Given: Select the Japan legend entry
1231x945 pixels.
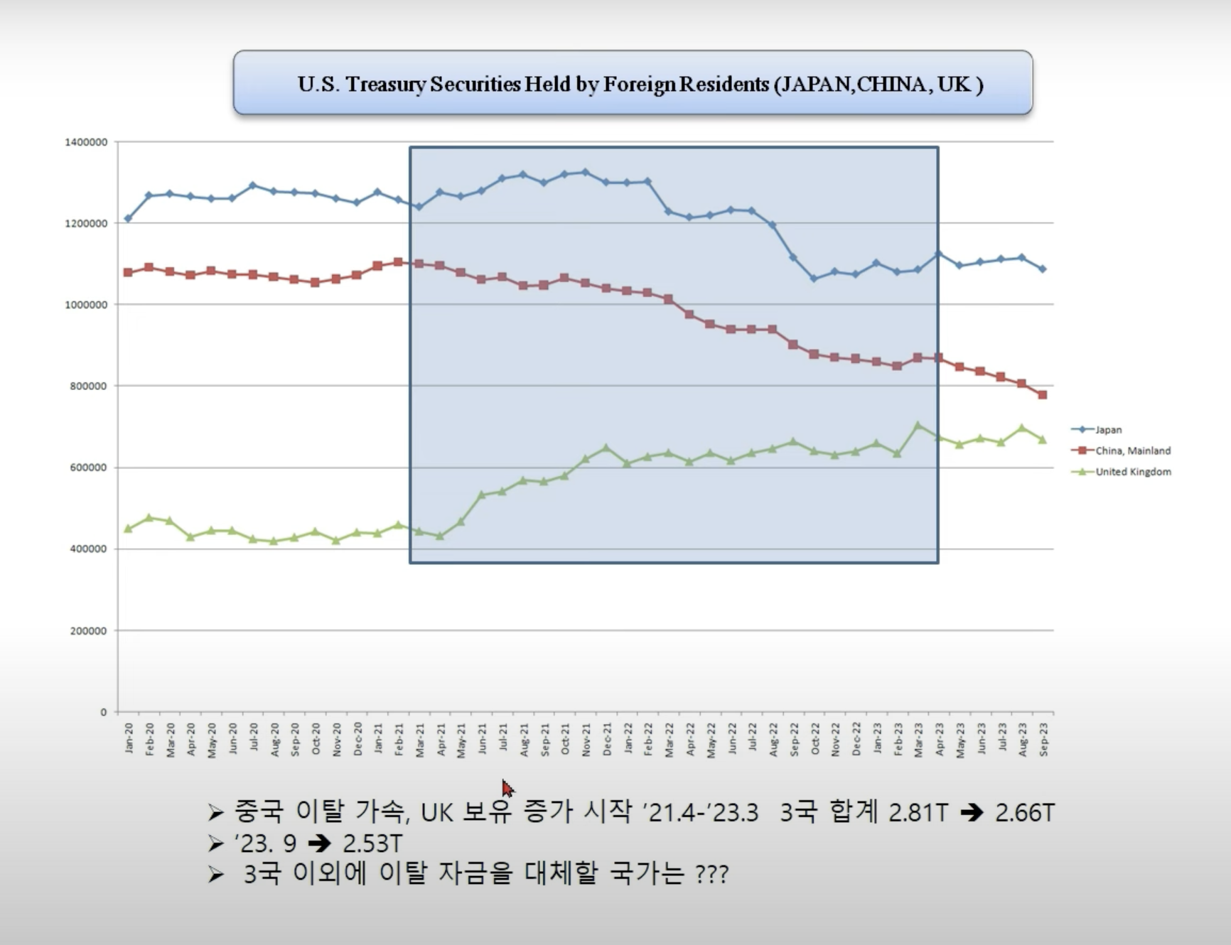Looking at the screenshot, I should (x=1107, y=430).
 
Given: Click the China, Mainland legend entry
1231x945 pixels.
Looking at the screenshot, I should (x=1132, y=450).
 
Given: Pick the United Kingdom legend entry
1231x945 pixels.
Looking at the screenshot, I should (x=1132, y=472).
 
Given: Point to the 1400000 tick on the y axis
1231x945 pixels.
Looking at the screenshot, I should (x=86, y=142).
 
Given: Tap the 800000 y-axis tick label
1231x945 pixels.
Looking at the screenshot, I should (x=88, y=386).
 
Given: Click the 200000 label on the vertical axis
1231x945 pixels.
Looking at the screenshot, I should (x=88, y=630).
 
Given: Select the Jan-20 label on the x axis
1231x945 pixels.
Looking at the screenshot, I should (x=129, y=738).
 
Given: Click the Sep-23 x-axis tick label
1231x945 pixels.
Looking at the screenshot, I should (x=1043, y=739).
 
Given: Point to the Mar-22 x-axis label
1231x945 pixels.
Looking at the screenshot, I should (x=669, y=740).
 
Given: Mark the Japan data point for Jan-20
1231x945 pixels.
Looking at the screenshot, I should (x=128, y=219).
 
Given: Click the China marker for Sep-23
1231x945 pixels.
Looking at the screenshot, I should (x=1043, y=395).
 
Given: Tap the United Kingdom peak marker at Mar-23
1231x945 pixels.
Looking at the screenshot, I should (x=918, y=425).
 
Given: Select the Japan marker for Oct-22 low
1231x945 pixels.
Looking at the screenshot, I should (x=814, y=279).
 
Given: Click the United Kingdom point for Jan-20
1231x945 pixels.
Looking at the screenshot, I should (x=128, y=529).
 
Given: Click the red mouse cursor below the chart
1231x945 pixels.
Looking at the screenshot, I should (x=507, y=788).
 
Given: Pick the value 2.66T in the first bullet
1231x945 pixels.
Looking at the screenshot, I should (x=1024, y=812).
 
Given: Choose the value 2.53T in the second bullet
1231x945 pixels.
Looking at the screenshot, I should (x=372, y=843).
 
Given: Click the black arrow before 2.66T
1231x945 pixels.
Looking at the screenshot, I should (x=971, y=812).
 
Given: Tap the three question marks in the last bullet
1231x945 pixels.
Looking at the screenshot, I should (x=712, y=874).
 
